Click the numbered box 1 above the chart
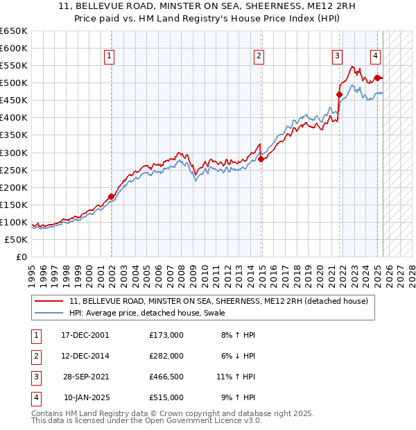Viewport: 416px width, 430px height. pyautogui.click(x=110, y=57)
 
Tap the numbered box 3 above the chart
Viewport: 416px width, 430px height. pyautogui.click(x=337, y=57)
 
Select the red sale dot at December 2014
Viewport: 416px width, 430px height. pyautogui.click(x=261, y=159)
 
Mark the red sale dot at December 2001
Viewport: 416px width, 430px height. pyautogui.click(x=112, y=196)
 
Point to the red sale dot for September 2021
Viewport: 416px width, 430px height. pyautogui.click(x=340, y=94)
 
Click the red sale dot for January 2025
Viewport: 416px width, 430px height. pyautogui.click(x=377, y=78)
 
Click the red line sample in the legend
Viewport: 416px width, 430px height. pyautogui.click(x=49, y=301)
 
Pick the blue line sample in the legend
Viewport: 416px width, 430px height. pyautogui.click(x=49, y=313)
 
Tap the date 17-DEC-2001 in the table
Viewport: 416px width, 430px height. pyautogui.click(x=85, y=335)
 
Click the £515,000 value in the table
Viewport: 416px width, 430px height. pyautogui.click(x=166, y=397)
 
